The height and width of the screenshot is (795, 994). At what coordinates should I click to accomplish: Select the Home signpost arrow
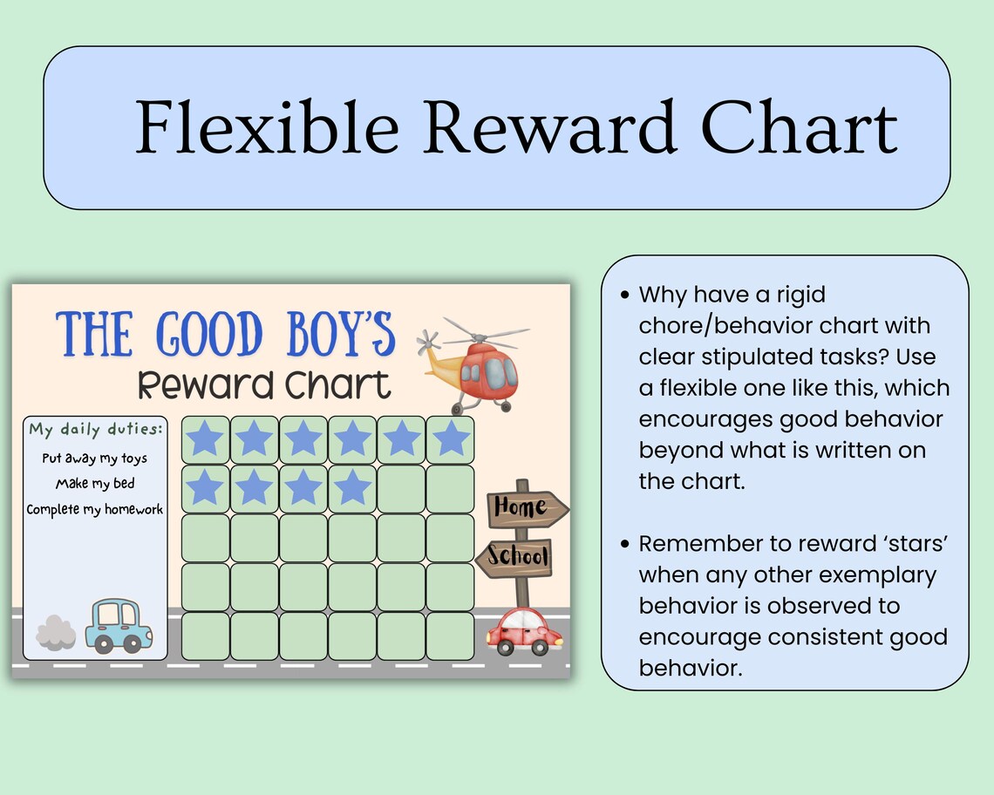526,506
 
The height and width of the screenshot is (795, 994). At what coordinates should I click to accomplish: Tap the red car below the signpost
524,631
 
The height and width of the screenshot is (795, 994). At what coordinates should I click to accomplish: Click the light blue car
119,625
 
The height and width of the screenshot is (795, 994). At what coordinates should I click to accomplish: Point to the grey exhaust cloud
56,630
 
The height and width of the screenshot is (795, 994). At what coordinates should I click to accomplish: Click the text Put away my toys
95,458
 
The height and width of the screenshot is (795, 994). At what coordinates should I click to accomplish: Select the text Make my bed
95,483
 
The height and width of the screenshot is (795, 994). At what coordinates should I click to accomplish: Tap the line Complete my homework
95,509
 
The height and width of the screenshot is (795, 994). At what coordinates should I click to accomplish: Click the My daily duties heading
96,430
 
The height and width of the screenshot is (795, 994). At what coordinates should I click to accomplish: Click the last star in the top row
451,439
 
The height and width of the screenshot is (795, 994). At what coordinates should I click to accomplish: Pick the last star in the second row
353,488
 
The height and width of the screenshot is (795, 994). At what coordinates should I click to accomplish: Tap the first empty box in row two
402,488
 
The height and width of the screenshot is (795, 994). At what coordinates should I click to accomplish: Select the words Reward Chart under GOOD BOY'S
264,384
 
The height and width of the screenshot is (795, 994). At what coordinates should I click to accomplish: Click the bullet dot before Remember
624,544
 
